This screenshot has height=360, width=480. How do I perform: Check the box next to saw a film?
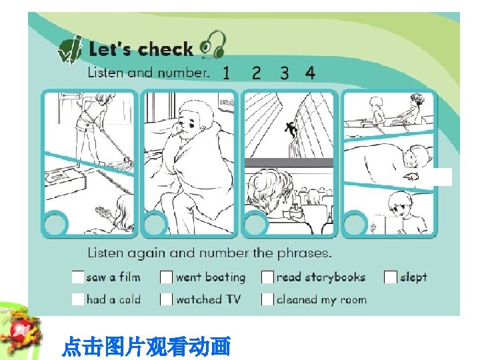78,277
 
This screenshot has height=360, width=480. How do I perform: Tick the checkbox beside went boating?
166,277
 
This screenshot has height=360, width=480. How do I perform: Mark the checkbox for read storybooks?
267,277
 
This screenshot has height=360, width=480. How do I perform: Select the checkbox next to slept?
391,277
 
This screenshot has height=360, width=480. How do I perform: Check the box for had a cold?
78,299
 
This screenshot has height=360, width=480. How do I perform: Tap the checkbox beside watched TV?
166,299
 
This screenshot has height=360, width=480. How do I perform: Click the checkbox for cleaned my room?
267,299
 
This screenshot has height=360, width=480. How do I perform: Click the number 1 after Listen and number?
226,73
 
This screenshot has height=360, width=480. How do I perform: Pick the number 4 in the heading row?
310,73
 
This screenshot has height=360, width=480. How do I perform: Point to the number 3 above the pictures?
285,73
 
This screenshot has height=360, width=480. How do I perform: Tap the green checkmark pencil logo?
70,49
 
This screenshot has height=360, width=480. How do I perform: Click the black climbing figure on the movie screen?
291,129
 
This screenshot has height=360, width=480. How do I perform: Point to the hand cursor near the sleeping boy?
411,176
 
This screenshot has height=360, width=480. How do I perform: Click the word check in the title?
165,49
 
